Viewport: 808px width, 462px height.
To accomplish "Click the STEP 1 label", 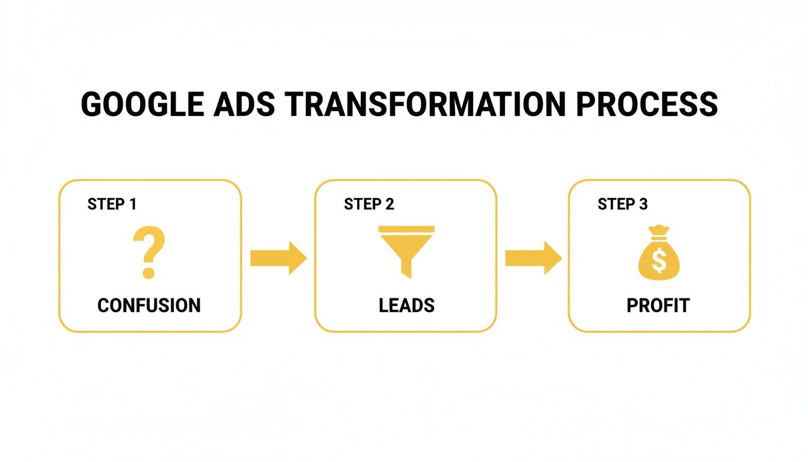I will coord(112,204).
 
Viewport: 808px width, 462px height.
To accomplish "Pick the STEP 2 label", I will coord(369,204).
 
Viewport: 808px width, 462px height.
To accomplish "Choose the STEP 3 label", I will coord(623,204).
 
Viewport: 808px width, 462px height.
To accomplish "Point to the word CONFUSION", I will coord(149,306).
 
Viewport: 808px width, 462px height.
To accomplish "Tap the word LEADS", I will coord(406,306).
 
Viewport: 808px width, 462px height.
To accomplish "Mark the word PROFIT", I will coord(658,306).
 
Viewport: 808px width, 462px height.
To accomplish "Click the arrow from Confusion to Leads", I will coord(278,258).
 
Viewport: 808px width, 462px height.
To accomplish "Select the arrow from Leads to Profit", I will coord(533,258).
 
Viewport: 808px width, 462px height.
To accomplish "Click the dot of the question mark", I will coord(148,273).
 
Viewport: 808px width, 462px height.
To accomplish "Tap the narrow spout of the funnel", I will coord(406,269).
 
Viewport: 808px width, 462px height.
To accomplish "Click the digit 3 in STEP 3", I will coord(643,204).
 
